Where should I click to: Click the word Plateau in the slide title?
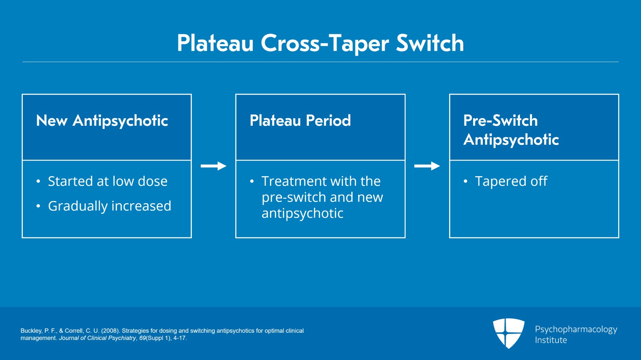pyautogui.click(x=215, y=43)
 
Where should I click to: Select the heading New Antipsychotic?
pyautogui.click(x=102, y=121)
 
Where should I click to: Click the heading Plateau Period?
pyautogui.click(x=300, y=121)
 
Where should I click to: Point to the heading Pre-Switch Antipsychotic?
pyautogui.click(x=511, y=130)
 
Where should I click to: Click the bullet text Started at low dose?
pyautogui.click(x=107, y=181)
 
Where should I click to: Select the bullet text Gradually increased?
pyautogui.click(x=109, y=206)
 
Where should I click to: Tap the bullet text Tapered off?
pyautogui.click(x=511, y=181)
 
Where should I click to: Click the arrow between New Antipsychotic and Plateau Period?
pyautogui.click(x=214, y=166)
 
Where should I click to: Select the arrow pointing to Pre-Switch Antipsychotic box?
pyautogui.click(x=427, y=166)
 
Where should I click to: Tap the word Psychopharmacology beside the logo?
pyautogui.click(x=576, y=329)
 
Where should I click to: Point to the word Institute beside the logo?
pyautogui.click(x=551, y=340)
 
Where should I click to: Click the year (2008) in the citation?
pyautogui.click(x=111, y=331)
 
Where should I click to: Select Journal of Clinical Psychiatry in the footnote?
pyautogui.click(x=97, y=338)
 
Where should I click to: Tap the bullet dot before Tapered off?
pyautogui.click(x=465, y=181)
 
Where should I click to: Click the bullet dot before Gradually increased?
pyautogui.click(x=38, y=206)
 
